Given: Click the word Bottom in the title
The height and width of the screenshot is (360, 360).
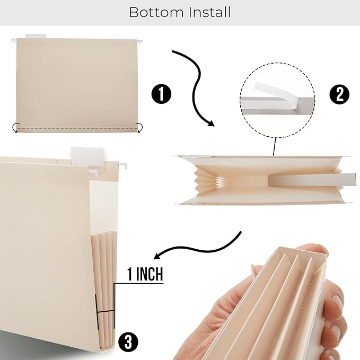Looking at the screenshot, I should point(155,12).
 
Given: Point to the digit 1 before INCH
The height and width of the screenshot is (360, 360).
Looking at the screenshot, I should point(130,275).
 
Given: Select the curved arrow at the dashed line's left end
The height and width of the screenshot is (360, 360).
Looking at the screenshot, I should point(16,127).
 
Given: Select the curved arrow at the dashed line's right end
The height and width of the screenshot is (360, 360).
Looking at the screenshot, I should point(139,127).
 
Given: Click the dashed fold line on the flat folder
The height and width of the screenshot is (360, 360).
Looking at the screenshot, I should point(78,128).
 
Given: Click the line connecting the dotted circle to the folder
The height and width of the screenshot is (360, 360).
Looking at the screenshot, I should point(274,146).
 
